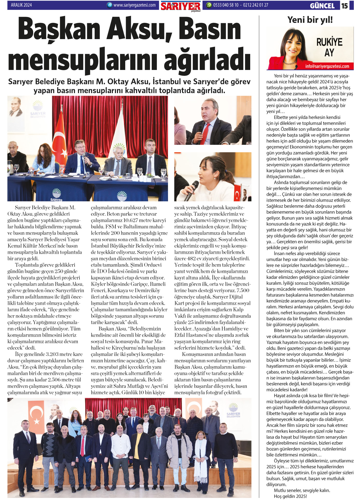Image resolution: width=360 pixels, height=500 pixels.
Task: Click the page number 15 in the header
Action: pos(345,6)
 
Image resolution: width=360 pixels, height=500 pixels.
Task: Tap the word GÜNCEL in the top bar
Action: pos(322,6)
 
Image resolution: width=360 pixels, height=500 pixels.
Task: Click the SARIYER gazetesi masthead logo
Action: pos(181,6)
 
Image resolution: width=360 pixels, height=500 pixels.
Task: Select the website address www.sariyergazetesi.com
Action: pos(134,5)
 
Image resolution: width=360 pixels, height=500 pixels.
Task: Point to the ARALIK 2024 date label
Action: pos(21,5)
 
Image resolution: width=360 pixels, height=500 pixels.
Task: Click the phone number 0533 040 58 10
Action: pos(226,5)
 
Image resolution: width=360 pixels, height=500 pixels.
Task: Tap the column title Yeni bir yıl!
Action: pos(310,20)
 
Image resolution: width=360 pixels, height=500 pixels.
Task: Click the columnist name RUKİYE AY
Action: pos(329,47)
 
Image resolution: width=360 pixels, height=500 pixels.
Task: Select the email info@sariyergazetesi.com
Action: pos(327,66)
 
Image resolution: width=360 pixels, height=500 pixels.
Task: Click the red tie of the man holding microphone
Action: pos(205,134)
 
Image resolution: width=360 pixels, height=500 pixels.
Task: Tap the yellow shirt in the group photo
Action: pos(139,446)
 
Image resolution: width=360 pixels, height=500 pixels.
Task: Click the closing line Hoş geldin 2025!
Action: pos(290,496)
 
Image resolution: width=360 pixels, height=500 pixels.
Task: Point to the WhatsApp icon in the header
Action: pos(209,5)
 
